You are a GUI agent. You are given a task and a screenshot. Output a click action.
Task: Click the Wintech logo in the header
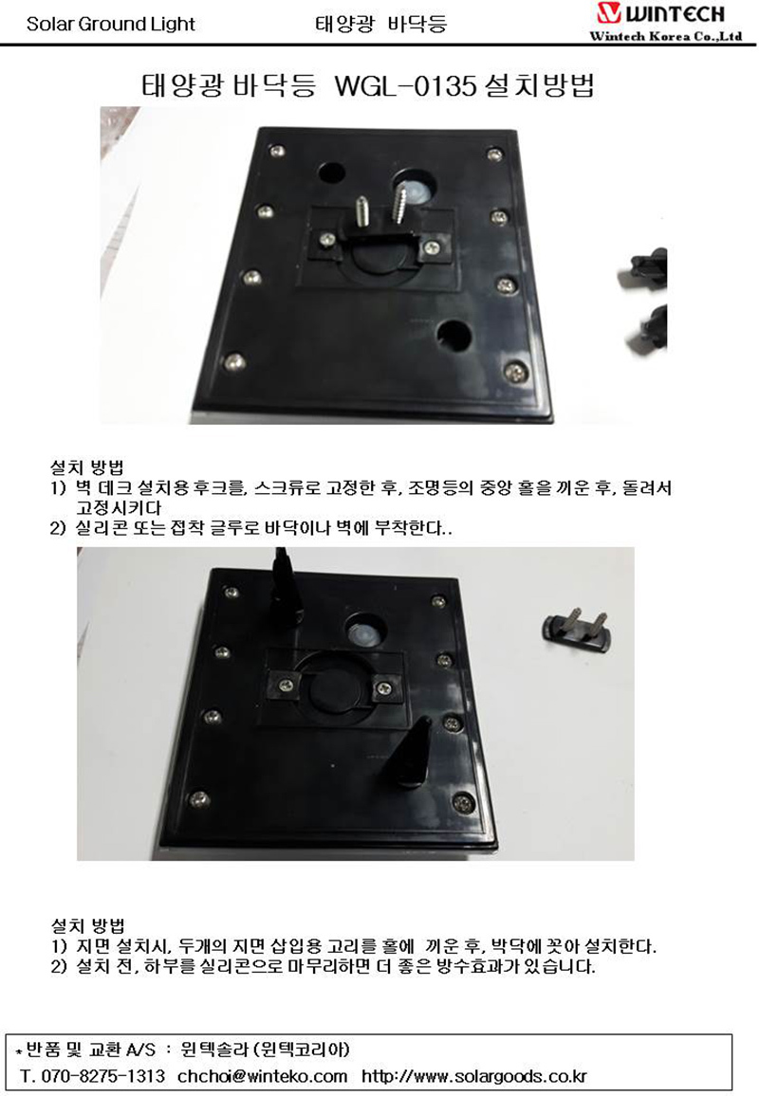tap(660, 13)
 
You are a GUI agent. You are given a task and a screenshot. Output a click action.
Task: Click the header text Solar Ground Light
tap(110, 24)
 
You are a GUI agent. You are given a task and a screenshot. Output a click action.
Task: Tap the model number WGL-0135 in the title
tap(406, 86)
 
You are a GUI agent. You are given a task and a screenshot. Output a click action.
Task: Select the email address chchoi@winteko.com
tap(262, 1076)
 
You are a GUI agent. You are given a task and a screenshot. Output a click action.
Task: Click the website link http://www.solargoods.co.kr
tap(474, 1076)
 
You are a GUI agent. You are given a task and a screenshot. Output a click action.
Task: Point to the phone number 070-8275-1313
tap(102, 1076)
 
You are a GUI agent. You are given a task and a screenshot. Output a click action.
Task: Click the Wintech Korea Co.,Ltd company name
tap(665, 36)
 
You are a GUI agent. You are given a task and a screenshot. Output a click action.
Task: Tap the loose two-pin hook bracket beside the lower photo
tap(577, 630)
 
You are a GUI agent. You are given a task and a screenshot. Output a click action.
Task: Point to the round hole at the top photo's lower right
tap(454, 336)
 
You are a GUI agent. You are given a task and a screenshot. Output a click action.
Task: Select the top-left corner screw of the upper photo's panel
tap(278, 151)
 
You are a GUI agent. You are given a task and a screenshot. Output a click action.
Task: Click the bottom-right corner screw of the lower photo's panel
tap(463, 802)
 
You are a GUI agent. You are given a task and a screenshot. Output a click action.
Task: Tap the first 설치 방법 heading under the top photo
tap(87, 466)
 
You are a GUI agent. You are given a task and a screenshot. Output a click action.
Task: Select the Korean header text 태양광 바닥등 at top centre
tap(380, 24)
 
